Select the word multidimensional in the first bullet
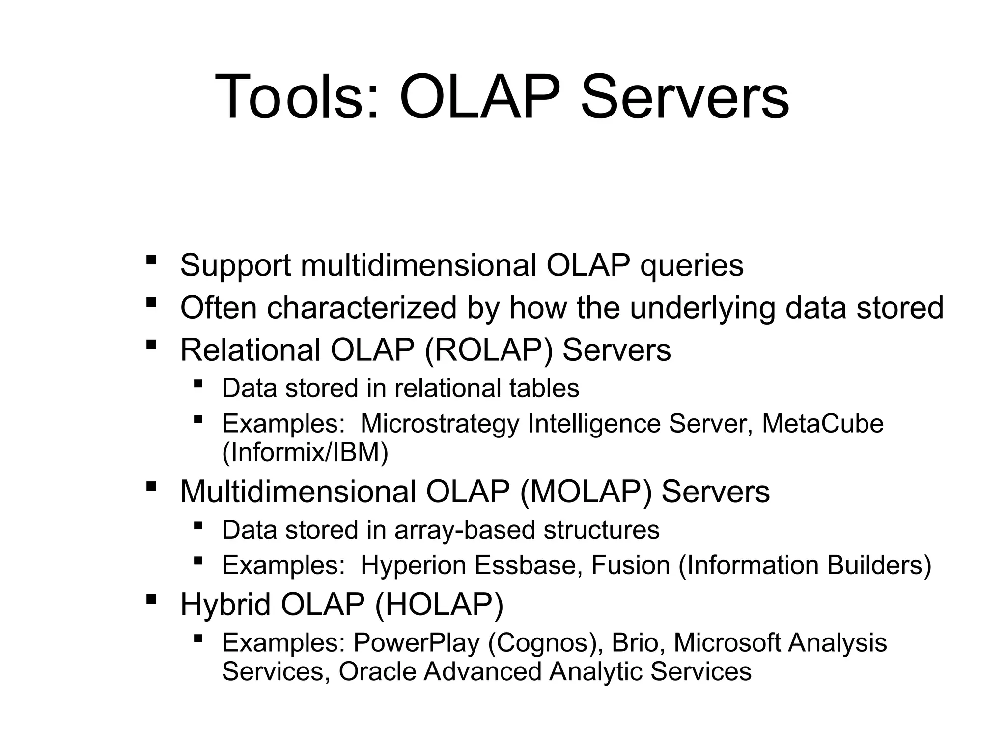pos(418,266)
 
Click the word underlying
pos(702,308)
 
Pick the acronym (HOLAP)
pos(439,605)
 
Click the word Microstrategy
pos(440,424)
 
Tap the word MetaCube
pos(822,424)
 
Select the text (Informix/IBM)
pos(305,452)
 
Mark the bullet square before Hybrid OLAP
pos(151,599)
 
